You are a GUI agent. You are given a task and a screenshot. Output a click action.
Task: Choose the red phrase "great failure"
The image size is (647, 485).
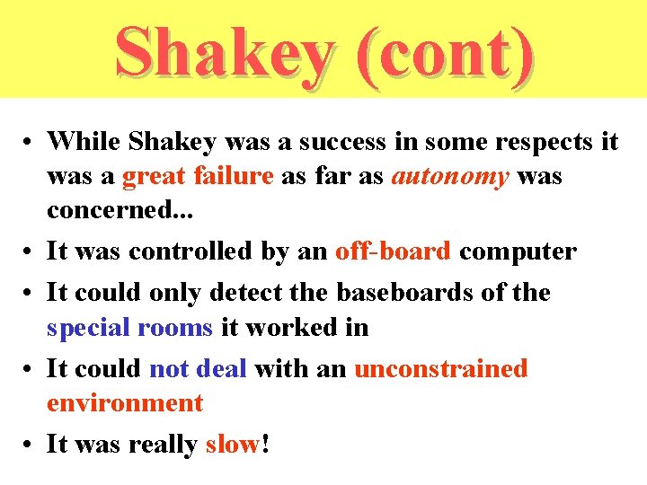pyautogui.click(x=198, y=176)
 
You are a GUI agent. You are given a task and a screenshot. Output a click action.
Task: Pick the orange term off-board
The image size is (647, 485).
pyautogui.click(x=393, y=251)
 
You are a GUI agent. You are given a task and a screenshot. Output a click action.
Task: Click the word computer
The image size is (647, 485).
pyautogui.click(x=518, y=251)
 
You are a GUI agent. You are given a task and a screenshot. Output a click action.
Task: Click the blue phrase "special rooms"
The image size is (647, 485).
pyautogui.click(x=129, y=327)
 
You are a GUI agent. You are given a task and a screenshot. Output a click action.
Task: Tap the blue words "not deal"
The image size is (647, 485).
pyautogui.click(x=198, y=369)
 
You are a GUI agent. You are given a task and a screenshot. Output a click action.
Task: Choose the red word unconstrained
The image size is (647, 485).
pyautogui.click(x=441, y=369)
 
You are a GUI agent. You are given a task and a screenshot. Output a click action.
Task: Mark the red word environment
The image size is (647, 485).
pyautogui.click(x=125, y=403)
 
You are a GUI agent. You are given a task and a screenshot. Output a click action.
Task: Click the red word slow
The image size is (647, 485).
pyautogui.click(x=232, y=445)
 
